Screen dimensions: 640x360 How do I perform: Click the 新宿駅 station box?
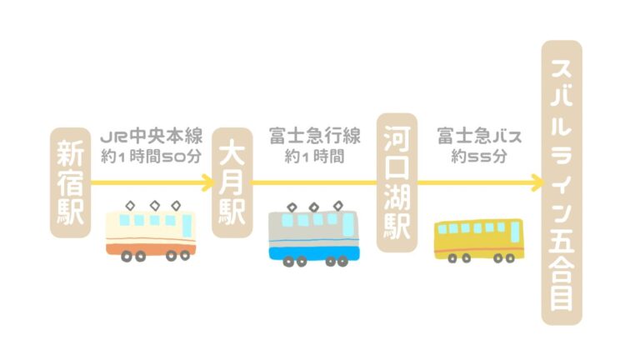coord(70,182)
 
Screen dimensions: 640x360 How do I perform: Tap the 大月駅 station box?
coord(232,182)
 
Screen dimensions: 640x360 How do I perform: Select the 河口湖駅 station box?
coord(397,182)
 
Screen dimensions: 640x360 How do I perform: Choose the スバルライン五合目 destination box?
coord(562,182)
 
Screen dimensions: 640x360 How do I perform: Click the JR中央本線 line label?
coord(152,137)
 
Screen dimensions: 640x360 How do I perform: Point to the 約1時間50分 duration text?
coord(152,157)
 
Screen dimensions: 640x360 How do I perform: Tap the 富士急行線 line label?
coord(315,137)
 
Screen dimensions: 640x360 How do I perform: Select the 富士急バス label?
coord(479,137)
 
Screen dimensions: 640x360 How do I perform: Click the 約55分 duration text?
coord(479,157)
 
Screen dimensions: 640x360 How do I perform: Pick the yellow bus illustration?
coord(479,241)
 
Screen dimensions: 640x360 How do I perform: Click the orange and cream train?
coord(151,232)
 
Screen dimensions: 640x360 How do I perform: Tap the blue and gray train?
coord(314,235)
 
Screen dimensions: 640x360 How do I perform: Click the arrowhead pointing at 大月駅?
coord(207,182)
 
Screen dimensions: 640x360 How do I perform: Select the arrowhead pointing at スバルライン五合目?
coord(537,182)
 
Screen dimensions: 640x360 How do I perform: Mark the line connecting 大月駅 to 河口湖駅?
coord(315,182)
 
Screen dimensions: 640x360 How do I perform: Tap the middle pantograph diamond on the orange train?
coord(155,206)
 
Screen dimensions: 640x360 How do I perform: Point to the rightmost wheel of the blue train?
coord(342,261)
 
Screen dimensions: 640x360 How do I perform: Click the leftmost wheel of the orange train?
coord(127,257)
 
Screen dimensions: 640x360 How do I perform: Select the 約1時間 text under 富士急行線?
coord(315,157)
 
